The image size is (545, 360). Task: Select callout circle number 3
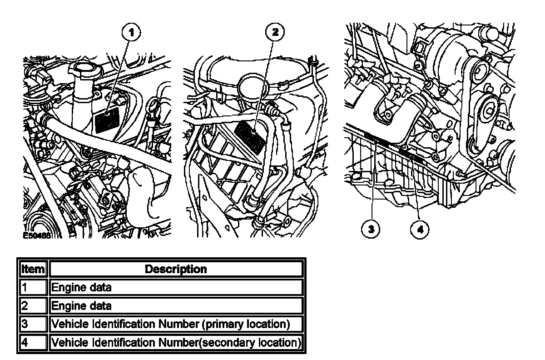[x=371, y=229]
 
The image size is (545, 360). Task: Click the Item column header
[x=33, y=269]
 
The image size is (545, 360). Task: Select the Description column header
[x=175, y=269]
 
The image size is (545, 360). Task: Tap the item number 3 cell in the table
[x=33, y=324]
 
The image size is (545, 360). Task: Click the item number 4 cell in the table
[x=33, y=342]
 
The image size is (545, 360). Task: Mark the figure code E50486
[x=37, y=236]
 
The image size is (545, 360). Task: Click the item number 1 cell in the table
[x=33, y=287]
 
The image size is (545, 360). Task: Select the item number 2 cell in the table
[x=33, y=305]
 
